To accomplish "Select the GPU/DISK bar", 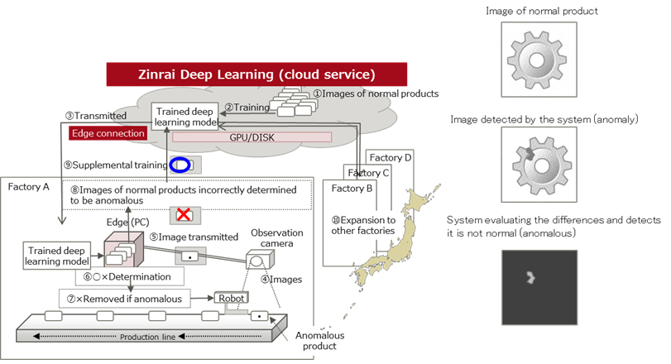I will tap(251, 136).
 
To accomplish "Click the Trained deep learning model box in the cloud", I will tap(185, 116).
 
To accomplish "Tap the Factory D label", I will tap(391, 157).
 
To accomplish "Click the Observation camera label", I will tap(277, 238).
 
